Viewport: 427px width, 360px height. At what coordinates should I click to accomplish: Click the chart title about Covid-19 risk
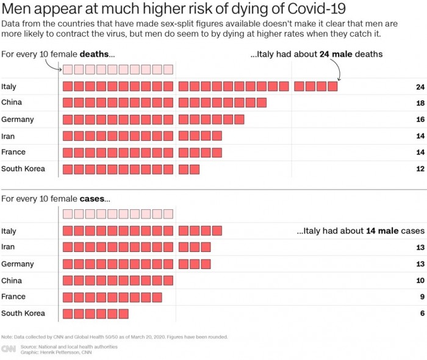pyautogui.click(x=173, y=9)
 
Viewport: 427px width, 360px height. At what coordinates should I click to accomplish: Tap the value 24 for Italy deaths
pyautogui.click(x=420, y=87)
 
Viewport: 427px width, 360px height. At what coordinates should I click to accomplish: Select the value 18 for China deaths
pyautogui.click(x=420, y=103)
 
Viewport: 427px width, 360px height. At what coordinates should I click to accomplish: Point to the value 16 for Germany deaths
pyautogui.click(x=420, y=120)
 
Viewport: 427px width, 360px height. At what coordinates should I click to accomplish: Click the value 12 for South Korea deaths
pyautogui.click(x=420, y=169)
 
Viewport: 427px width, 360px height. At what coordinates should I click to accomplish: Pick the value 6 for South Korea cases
pyautogui.click(x=421, y=314)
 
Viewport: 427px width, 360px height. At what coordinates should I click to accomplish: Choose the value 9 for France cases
pyautogui.click(x=421, y=297)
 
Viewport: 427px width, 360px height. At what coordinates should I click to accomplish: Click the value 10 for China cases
pyautogui.click(x=420, y=281)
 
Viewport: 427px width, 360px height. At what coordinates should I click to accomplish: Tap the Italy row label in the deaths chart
pyautogui.click(x=9, y=87)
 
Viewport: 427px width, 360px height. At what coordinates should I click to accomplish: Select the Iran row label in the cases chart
pyautogui.click(x=8, y=247)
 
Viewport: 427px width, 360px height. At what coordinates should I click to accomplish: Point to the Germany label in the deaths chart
pyautogui.click(x=17, y=119)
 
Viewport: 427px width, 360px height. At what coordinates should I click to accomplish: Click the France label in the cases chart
pyautogui.click(x=13, y=297)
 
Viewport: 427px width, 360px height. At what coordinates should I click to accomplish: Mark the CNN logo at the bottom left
pyautogui.click(x=9, y=349)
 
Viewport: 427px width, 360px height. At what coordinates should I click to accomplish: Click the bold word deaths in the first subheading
pyautogui.click(x=95, y=54)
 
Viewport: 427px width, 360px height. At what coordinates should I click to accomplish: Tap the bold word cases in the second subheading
pyautogui.click(x=93, y=199)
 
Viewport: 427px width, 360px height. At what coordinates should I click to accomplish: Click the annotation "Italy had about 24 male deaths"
pyautogui.click(x=317, y=54)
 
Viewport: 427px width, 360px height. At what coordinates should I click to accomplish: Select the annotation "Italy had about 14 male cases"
pyautogui.click(x=360, y=231)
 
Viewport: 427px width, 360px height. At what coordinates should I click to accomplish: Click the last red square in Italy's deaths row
pyautogui.click(x=332, y=87)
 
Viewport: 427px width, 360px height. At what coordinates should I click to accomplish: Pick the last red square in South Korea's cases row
pyautogui.click(x=124, y=314)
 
